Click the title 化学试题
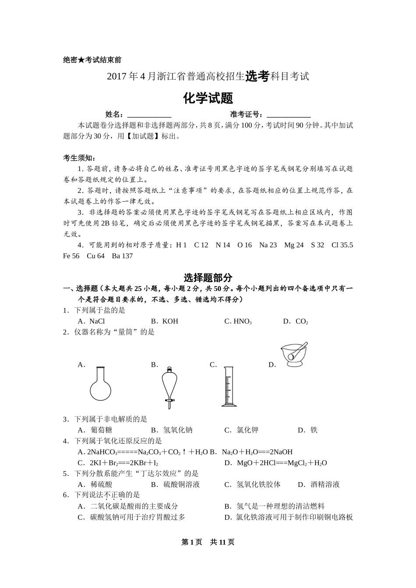(x=208, y=98)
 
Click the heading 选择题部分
(x=208, y=277)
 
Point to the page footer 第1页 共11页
(x=208, y=542)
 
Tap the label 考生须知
(x=79, y=158)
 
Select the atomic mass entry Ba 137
(x=122, y=256)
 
